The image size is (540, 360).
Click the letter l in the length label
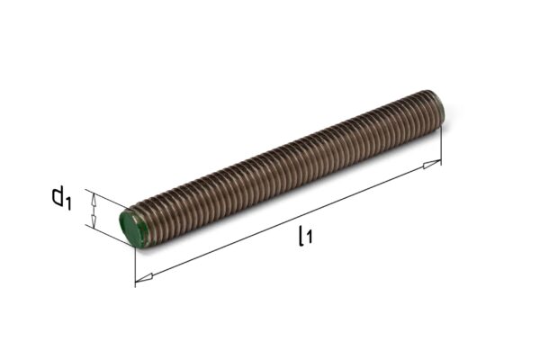coord(301,236)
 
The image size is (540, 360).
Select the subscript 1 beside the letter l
coord(310,238)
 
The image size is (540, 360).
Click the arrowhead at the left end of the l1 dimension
coord(144,278)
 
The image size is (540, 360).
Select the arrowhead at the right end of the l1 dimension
coord(432,164)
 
